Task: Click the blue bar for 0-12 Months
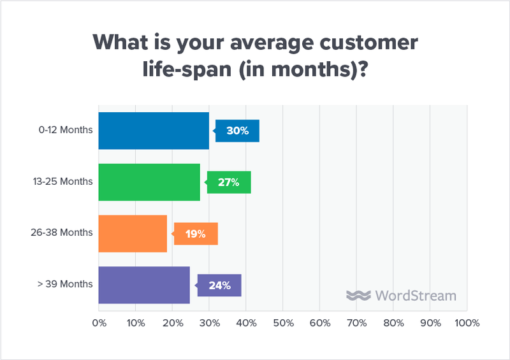(x=154, y=131)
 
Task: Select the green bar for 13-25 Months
(x=149, y=182)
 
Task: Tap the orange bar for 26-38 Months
(x=133, y=234)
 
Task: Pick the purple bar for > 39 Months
(x=144, y=284)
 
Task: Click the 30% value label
(x=237, y=131)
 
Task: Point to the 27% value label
(x=229, y=182)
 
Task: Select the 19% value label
(x=196, y=234)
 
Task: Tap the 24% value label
(x=219, y=285)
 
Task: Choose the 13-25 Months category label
(x=62, y=182)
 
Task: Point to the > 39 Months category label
(x=65, y=284)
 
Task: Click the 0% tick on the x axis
(x=99, y=323)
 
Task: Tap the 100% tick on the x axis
(x=467, y=323)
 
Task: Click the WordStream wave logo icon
(x=358, y=296)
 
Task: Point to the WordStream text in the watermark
(x=416, y=296)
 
